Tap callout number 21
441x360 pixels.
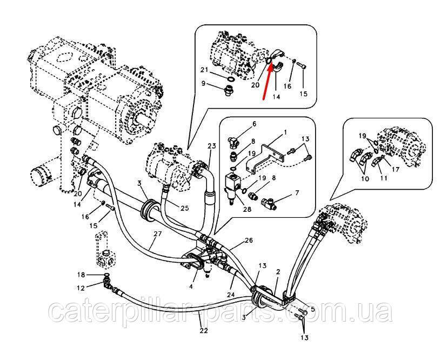tap(204, 71)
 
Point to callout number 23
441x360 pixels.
tap(211, 146)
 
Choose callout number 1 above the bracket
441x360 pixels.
tap(286, 132)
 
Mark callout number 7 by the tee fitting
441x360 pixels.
tap(297, 193)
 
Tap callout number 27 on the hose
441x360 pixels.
tap(158, 235)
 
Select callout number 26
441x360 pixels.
tap(249, 240)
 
